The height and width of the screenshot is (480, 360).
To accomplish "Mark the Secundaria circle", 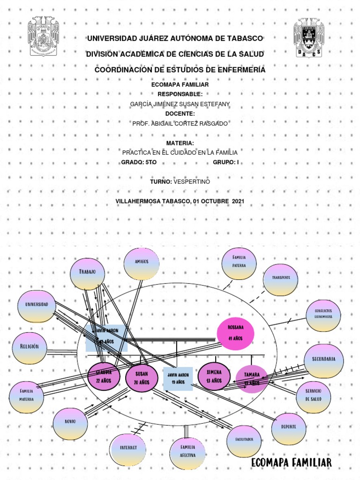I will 323,360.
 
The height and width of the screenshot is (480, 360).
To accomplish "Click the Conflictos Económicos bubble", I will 323,315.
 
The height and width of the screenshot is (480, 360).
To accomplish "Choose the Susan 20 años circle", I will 141,378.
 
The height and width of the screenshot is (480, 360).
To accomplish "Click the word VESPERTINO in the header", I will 192,181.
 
